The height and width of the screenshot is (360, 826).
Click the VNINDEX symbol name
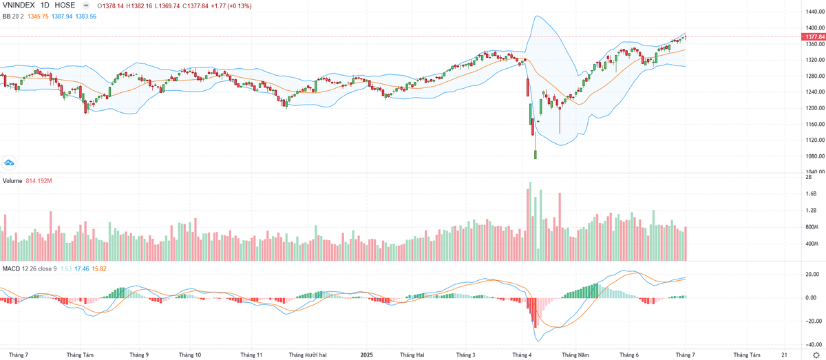click(x=19, y=6)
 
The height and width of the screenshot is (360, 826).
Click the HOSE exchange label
click(x=65, y=6)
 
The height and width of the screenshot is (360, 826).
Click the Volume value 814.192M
click(x=40, y=181)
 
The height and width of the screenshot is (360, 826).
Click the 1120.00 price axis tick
click(x=811, y=140)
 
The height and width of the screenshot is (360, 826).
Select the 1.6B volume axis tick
click(x=811, y=194)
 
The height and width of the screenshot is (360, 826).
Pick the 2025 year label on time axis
click(x=367, y=354)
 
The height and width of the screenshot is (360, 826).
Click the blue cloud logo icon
click(x=10, y=162)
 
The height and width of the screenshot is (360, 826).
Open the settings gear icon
click(x=816, y=354)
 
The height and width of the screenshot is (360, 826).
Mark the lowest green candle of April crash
click(x=535, y=154)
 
